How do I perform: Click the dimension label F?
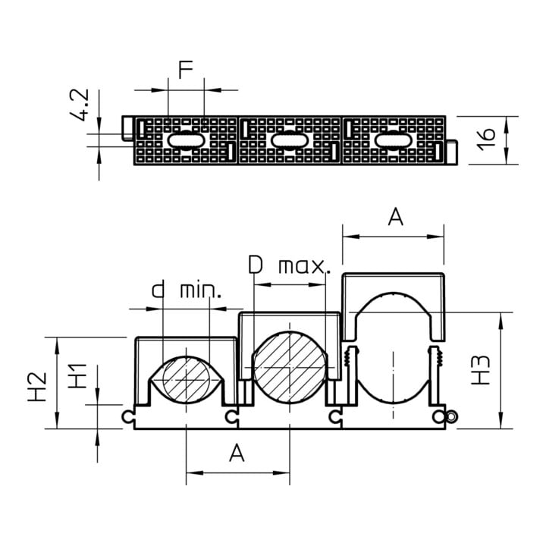coord(186,69)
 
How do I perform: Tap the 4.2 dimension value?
coord(80,105)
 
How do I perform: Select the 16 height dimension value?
coord(486,140)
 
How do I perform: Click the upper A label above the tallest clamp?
coord(395,217)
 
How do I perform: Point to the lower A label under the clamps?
coord(237,453)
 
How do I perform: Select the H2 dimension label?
coord(37,387)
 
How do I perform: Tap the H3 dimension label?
coord(481,370)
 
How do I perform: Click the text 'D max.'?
coord(289,265)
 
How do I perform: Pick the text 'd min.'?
coord(187,290)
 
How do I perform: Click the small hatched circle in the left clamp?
coord(187,380)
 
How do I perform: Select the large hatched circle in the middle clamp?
coord(290,368)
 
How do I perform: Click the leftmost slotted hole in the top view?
coord(186,141)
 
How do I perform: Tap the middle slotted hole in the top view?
coord(290,141)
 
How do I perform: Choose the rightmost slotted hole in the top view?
coord(394,141)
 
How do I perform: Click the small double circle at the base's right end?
coord(452,416)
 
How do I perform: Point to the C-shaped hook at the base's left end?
coord(127,416)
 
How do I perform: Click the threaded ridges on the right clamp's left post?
coord(347,358)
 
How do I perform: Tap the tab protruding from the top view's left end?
coord(127,128)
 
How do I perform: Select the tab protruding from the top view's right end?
coord(452,152)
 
